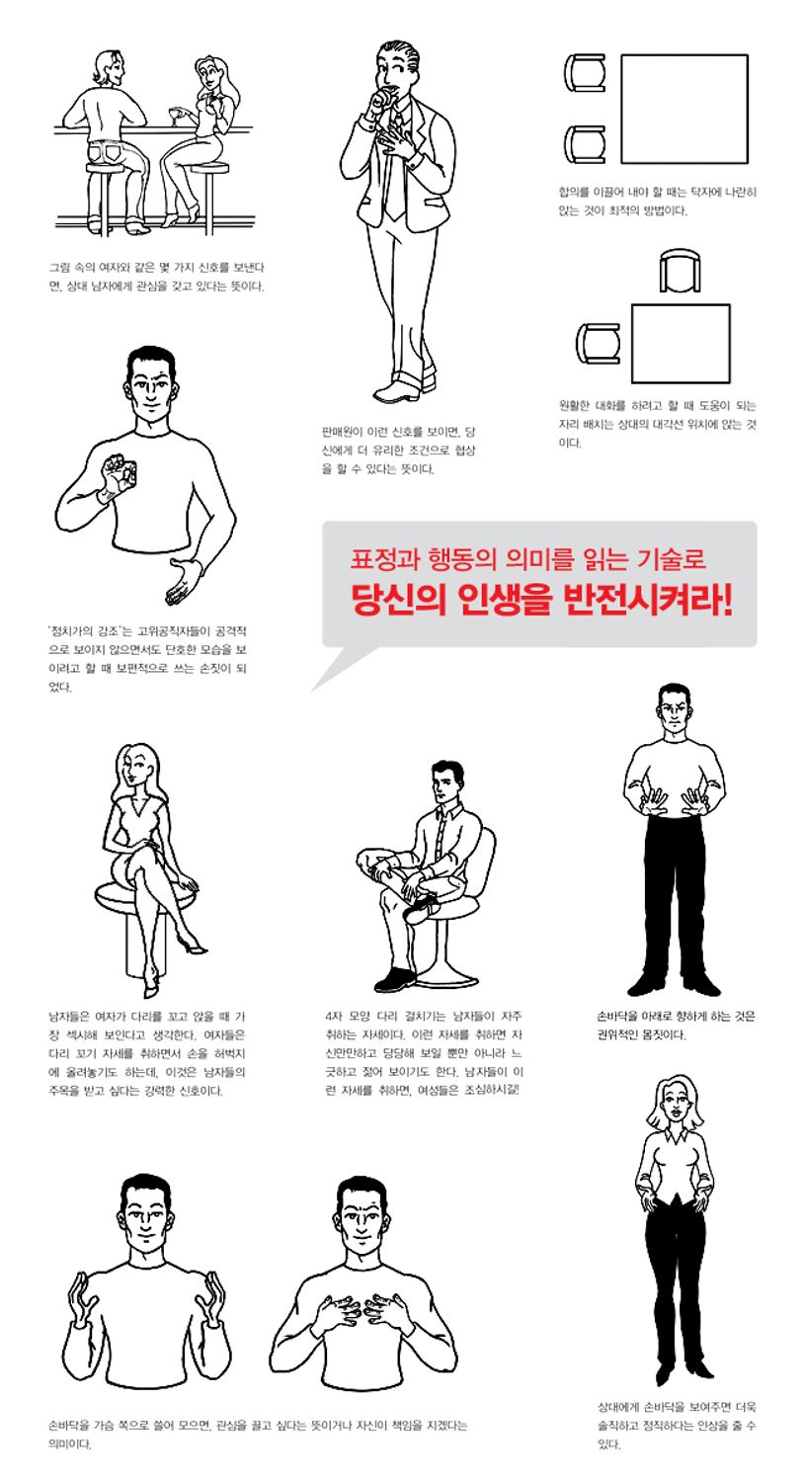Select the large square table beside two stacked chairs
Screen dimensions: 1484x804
[x=683, y=109]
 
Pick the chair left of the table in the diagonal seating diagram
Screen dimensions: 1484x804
[x=597, y=343]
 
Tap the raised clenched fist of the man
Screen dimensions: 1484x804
[x=120, y=469]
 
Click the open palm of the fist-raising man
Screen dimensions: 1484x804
[x=180, y=582]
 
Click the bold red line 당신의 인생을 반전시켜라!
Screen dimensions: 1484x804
[x=541, y=602]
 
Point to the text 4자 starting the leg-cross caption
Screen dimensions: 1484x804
[x=332, y=1016]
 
